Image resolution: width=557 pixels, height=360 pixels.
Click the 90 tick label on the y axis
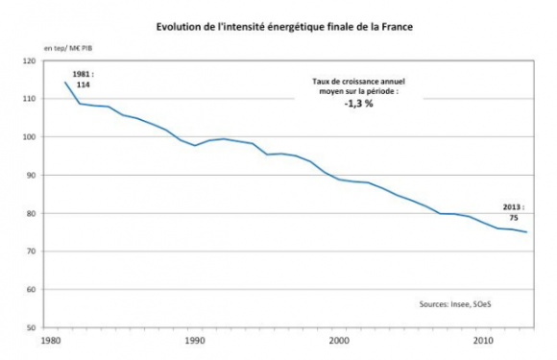(x=30, y=176)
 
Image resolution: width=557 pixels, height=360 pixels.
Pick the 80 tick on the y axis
(x=30, y=213)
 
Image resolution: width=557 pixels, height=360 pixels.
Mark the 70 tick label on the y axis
(x=30, y=252)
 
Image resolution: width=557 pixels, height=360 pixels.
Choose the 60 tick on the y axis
(x=30, y=290)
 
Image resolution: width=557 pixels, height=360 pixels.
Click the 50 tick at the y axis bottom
(x=30, y=327)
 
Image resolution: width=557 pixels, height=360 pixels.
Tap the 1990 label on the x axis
(x=195, y=340)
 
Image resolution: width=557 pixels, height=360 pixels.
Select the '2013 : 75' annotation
(x=514, y=211)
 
